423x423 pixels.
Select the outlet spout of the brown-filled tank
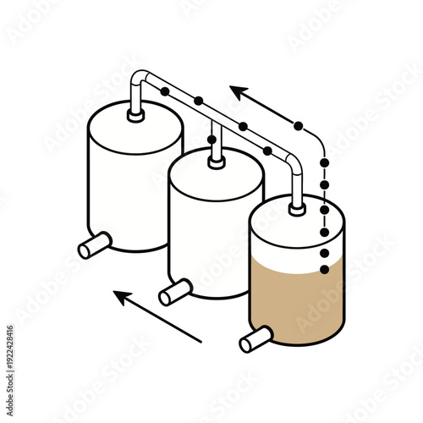(x=251, y=342)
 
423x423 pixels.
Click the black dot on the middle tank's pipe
(x=211, y=140)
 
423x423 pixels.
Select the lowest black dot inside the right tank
(x=324, y=270)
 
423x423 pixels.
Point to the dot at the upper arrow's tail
(x=298, y=126)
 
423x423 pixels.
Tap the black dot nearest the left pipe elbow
(x=162, y=90)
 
